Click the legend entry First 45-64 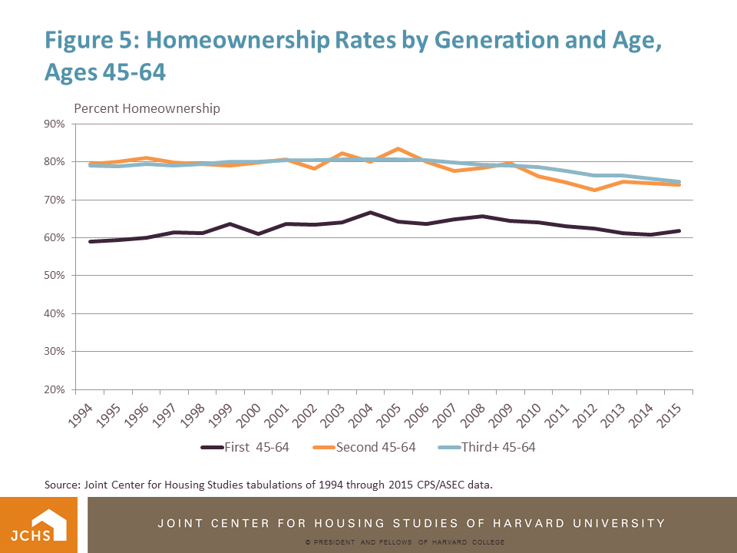[x=245, y=447]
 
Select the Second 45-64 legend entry [x=375, y=447]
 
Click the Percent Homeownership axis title [x=147, y=108]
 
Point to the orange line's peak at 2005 [x=397, y=149]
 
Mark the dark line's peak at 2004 [x=369, y=212]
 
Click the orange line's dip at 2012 [x=593, y=190]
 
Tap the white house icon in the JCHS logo [x=51, y=523]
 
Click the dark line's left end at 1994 [x=89, y=241]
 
